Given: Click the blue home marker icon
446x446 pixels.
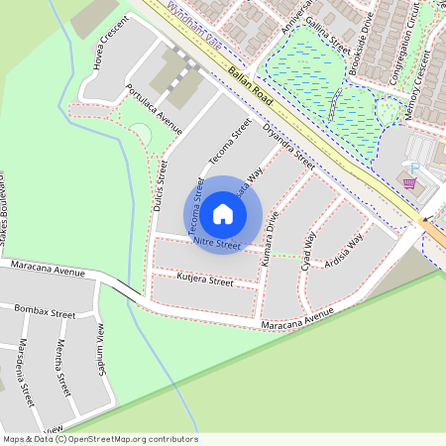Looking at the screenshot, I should click(x=223, y=213).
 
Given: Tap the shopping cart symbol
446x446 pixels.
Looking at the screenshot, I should click(x=407, y=181).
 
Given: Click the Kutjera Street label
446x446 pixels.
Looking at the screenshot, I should click(x=205, y=281).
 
